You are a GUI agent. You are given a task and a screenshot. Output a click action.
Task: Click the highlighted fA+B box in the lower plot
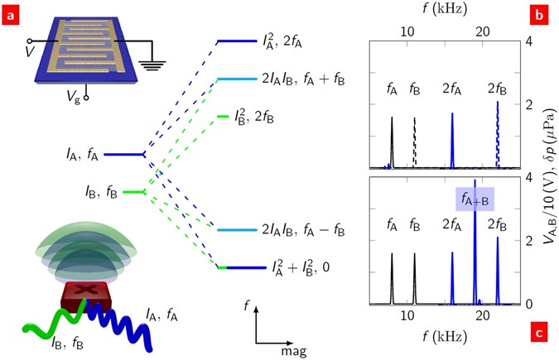(475, 199)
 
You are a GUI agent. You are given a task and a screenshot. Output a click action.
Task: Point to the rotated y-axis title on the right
(547, 174)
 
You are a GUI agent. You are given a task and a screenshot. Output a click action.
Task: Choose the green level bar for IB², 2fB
(221, 117)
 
